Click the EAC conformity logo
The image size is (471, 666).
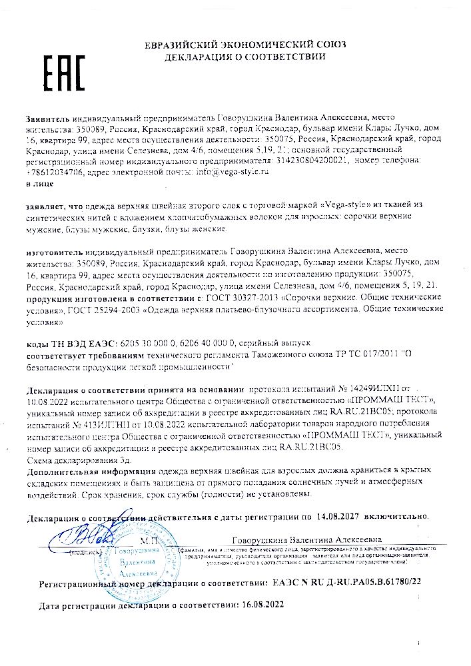coord(64,69)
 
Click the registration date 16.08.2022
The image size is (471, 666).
coord(262,605)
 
